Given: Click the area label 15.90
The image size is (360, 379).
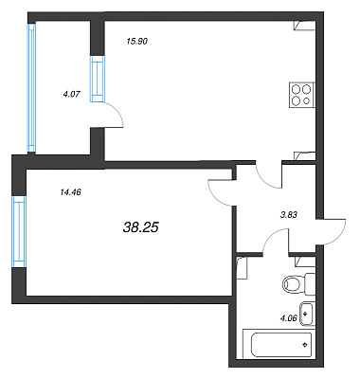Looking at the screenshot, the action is click(137, 41).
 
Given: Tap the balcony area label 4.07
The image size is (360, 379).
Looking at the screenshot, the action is click(72, 94).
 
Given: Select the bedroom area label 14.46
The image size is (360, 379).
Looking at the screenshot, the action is click(70, 191).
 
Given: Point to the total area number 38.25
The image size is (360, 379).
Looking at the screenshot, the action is click(140, 227).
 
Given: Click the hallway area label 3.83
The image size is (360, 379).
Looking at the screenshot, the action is click(289, 215).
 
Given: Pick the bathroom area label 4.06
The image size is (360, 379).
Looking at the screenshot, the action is click(289, 318).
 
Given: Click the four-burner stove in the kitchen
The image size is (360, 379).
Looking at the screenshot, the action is click(302, 95).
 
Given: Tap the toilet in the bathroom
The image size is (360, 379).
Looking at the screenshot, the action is click(297, 284).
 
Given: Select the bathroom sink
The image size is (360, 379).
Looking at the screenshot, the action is click(307, 314).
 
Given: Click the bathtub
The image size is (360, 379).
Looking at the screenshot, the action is click(279, 344).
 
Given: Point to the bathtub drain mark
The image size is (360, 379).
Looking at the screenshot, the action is click(305, 345).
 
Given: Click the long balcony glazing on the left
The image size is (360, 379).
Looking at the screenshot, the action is click(31, 88).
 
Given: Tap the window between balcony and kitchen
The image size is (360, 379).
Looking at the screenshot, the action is click(97, 79).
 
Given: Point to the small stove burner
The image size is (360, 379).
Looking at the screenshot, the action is click(306, 101).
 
